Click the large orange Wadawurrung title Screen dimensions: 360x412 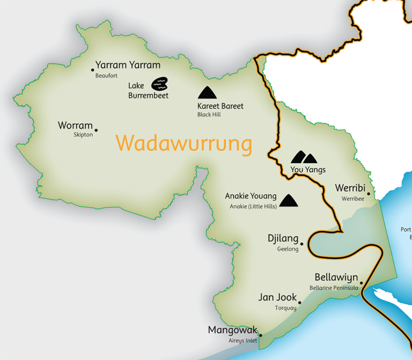[183, 144]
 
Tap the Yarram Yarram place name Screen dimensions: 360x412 [128, 65]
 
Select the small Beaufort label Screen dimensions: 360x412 [106, 76]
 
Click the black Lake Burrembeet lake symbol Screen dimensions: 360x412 [159, 84]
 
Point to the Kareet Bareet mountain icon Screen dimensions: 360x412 [208, 92]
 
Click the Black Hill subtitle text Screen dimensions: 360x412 [209, 115]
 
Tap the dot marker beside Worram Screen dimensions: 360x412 [96, 130]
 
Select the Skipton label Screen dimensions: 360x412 [83, 135]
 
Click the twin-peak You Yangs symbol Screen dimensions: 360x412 [304, 157]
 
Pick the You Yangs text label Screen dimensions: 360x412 [304, 170]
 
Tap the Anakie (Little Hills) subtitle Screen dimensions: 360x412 [253, 207]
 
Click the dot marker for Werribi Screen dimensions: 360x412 [369, 194]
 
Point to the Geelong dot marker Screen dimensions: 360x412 [302, 244]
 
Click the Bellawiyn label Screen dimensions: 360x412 [336, 278]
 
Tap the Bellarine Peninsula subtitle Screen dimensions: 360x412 [334, 288]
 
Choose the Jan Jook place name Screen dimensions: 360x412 [277, 298]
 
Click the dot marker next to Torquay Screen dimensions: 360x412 [299, 303]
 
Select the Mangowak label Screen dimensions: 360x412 [232, 330]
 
